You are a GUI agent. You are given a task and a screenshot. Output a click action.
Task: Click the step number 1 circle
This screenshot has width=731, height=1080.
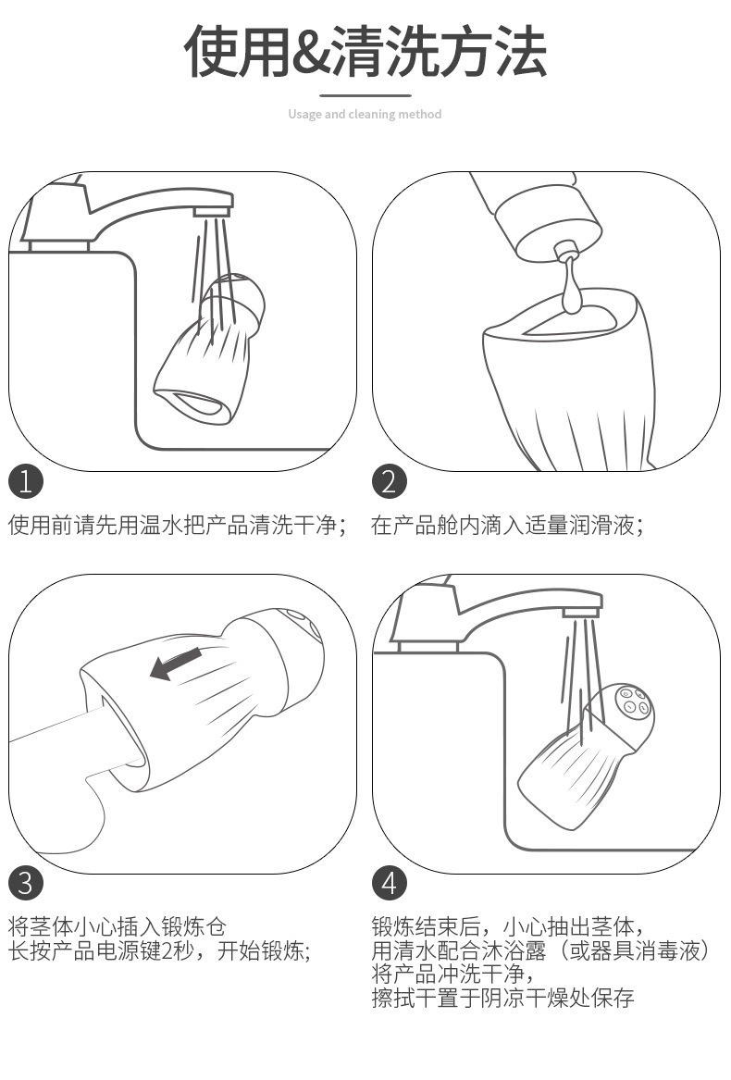click(26, 481)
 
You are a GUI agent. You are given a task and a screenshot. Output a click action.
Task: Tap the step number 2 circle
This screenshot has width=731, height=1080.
click(390, 481)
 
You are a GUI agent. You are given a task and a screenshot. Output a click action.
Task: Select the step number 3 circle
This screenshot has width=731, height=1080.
click(26, 883)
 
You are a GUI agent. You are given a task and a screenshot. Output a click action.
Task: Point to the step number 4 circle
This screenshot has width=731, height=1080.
click(390, 883)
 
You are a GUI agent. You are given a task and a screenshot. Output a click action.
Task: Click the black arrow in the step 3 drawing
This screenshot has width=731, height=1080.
click(176, 663)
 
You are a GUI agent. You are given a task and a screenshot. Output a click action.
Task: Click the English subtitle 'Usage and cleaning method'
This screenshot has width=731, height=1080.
click(365, 115)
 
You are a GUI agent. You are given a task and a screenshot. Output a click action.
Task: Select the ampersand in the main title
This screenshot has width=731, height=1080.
click(312, 53)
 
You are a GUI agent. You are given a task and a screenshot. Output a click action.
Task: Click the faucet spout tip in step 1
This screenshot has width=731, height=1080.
click(213, 211)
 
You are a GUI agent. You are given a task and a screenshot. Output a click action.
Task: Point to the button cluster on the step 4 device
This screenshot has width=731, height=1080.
click(633, 701)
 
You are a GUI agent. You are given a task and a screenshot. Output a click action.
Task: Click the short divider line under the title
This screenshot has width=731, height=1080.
click(365, 95)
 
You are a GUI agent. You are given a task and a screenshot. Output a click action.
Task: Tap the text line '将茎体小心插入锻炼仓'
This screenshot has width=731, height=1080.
click(118, 926)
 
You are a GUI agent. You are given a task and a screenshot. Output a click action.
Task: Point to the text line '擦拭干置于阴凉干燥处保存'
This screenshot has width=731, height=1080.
click(503, 998)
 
